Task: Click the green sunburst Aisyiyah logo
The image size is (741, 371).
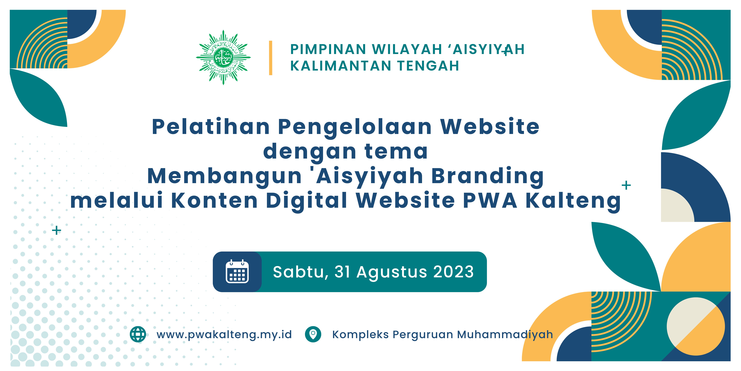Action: coord(223,57)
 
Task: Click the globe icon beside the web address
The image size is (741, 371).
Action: coord(138,334)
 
